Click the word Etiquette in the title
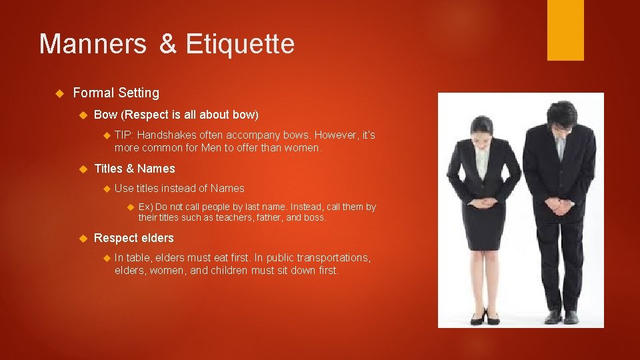pos(240,45)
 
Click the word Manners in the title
pos(93,45)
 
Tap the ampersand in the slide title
pos(168,45)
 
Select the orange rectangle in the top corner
pos(565,30)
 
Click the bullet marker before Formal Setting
pos(59,93)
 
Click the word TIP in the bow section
pos(123,135)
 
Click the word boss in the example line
pos(314,218)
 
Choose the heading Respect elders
pos(134,238)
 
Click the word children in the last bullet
pos(226,271)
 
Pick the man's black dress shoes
pos(561,316)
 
